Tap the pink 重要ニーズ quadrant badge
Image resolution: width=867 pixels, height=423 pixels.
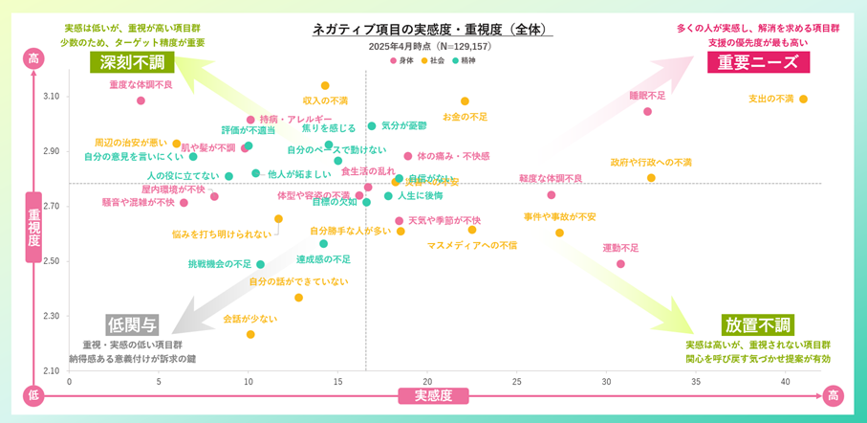tap(758, 62)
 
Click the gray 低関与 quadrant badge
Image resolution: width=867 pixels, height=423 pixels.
tap(132, 324)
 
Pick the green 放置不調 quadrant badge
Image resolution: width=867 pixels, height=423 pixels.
tap(757, 324)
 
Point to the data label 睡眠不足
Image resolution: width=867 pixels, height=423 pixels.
tap(647, 96)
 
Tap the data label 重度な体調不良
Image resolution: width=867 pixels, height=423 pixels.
tap(141, 85)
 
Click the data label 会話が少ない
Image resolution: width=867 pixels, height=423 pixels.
tap(249, 319)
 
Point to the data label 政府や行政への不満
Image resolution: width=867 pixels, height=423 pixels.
tap(651, 163)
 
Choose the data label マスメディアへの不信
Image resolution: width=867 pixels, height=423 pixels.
tap(471, 245)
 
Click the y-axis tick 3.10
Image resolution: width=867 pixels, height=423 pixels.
tap(51, 96)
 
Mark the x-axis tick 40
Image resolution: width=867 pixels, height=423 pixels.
tap(784, 380)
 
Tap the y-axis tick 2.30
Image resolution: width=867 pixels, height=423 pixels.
tap(51, 316)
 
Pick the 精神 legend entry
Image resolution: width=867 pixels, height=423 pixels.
tap(464, 60)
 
